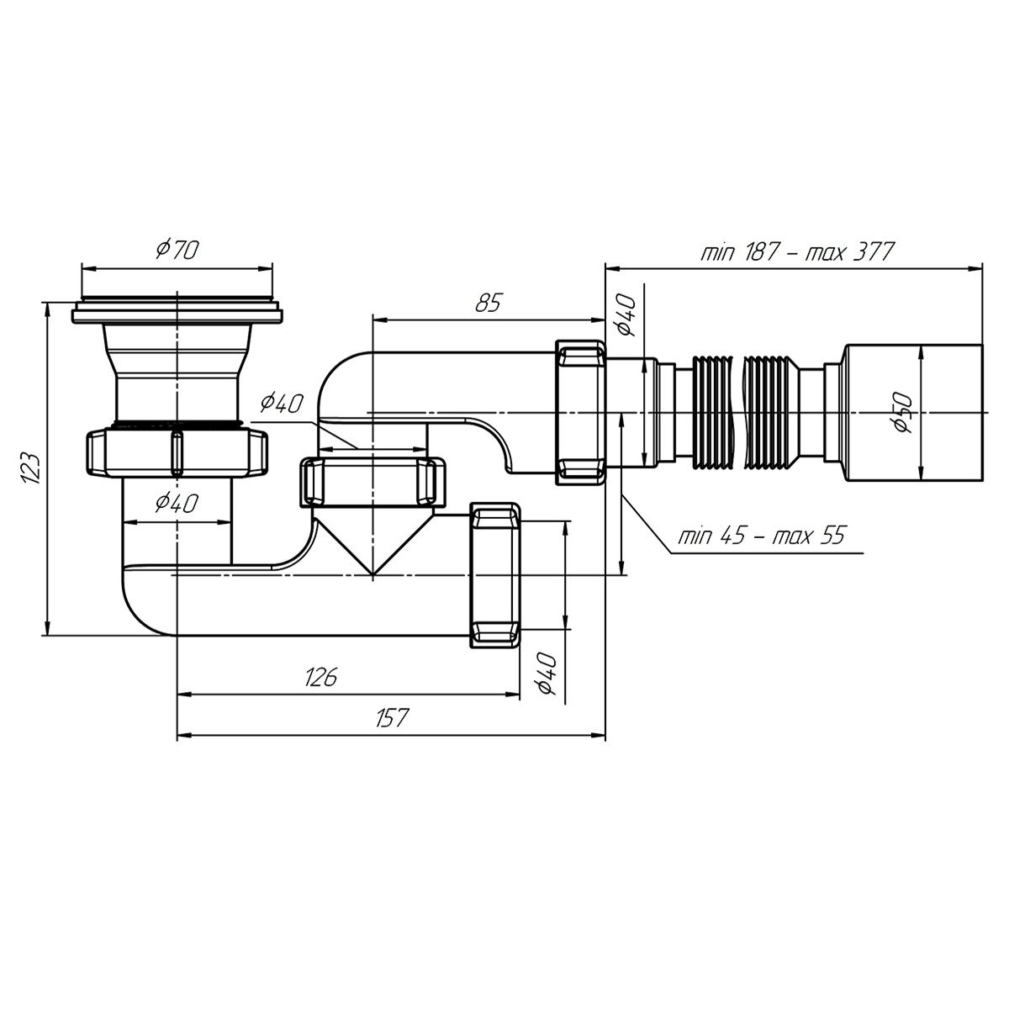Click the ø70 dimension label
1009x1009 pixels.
click(177, 249)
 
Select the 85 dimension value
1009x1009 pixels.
click(488, 303)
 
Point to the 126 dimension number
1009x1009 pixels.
click(320, 677)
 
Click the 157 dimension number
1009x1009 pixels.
click(391, 717)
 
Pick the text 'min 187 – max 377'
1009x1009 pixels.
click(797, 252)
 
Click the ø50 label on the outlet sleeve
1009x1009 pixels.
click(903, 413)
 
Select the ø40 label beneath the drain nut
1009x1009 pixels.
click(177, 503)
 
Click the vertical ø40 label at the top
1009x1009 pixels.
click(626, 314)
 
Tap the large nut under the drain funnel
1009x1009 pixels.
click(177, 452)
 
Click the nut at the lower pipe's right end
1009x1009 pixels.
click(495, 575)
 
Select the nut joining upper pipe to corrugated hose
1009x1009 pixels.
click(580, 413)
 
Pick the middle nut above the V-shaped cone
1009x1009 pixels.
click(372, 482)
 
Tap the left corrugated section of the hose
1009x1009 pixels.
click(712, 413)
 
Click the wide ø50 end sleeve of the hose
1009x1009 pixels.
click(914, 413)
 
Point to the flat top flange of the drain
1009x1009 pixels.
click(177, 312)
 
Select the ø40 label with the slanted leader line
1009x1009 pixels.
click(282, 404)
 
